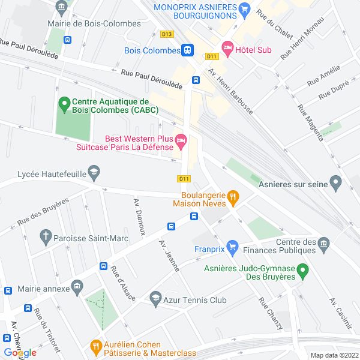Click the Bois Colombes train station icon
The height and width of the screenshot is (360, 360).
tap(188, 51)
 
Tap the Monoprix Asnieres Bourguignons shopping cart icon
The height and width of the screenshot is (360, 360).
tap(244, 9)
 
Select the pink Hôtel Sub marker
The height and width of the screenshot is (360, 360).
tap(227, 47)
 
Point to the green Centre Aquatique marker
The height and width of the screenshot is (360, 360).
tap(64, 105)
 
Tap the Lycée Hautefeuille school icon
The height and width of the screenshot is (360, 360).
tap(94, 174)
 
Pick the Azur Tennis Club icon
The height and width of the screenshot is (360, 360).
tap(155, 299)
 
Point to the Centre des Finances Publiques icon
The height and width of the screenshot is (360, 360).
tap(324, 244)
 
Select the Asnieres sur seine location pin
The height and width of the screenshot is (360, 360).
tap(336, 182)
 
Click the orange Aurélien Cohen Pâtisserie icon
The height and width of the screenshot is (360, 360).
tap(95, 347)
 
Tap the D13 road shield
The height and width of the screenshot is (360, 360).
tap(167, 34)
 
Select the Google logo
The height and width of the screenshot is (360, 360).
tap(20, 353)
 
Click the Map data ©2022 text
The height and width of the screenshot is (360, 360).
tap(333, 355)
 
